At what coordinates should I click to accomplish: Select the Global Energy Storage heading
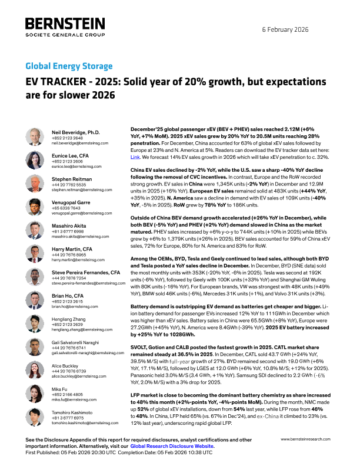(69, 66)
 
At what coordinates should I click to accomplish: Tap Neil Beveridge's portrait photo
(34, 137)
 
